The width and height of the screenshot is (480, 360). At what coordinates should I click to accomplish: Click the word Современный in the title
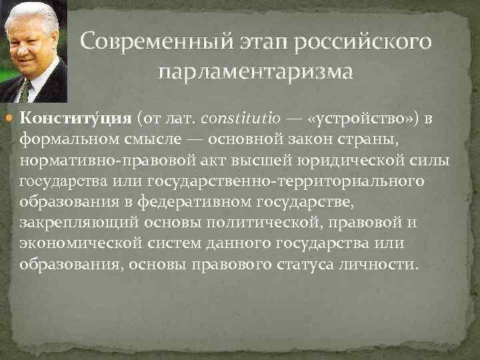[x=149, y=41]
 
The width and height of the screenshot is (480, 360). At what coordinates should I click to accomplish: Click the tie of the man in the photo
[x=25, y=90]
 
